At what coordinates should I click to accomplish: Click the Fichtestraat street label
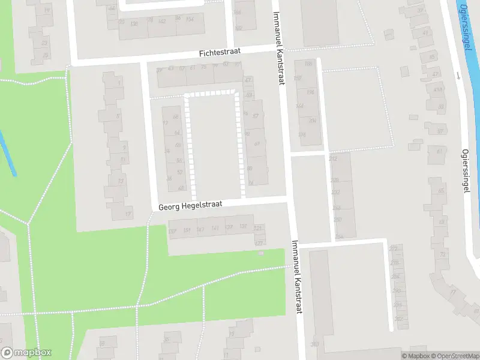coord(220,53)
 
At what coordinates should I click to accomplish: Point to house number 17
coord(127,214)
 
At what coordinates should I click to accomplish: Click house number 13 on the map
coord(121,181)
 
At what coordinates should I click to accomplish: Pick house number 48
coord(181,188)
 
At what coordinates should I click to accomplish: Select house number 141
coord(215,228)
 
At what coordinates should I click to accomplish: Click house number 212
coord(334,158)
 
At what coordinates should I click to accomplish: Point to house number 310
coord(314,344)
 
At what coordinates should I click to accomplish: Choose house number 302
coord(398,319)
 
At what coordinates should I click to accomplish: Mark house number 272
coord(393,248)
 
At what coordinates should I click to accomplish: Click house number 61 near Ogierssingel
coord(439,151)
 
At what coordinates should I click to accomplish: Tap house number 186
coord(237,13)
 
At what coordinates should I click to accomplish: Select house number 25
coord(45,55)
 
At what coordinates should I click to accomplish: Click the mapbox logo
coord(26,353)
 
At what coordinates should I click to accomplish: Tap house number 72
coord(443,255)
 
